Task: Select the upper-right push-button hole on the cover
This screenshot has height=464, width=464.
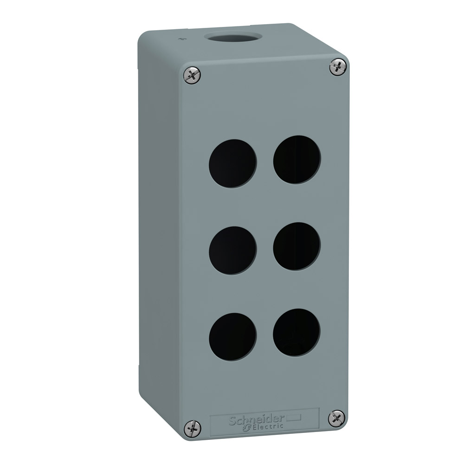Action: [296, 159]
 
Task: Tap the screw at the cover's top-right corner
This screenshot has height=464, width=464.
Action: [338, 66]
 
